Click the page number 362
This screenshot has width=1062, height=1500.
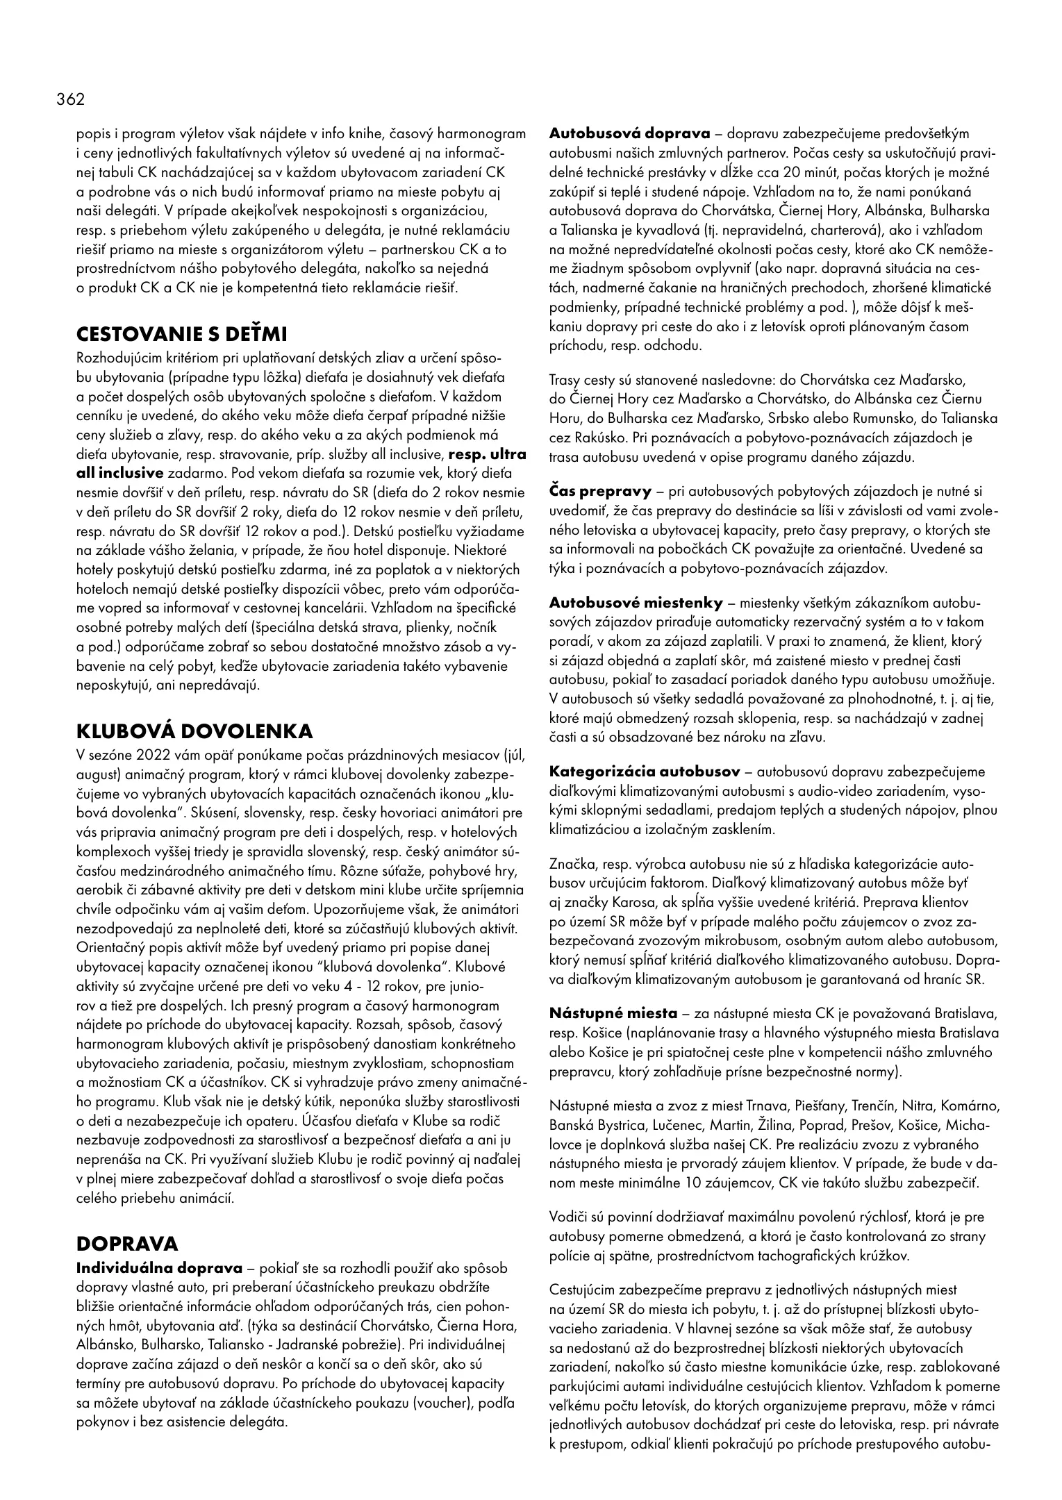point(70,99)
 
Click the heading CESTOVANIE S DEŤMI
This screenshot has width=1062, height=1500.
point(181,335)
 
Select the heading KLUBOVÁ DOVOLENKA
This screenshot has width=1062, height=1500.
point(194,731)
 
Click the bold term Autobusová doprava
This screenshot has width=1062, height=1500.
point(629,133)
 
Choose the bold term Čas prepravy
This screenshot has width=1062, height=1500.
point(600,492)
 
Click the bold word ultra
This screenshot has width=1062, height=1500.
point(508,455)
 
